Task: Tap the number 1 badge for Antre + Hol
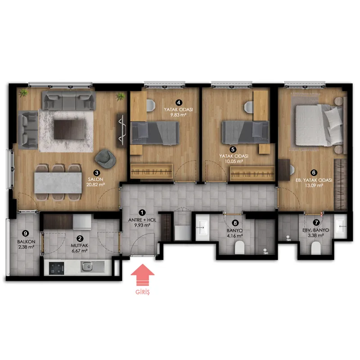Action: pos(142,212)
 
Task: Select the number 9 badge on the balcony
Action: pos(25,234)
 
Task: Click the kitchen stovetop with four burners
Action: pos(57,268)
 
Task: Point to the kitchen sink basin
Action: pos(87,266)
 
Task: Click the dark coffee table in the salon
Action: pos(69,129)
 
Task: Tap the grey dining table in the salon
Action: pos(58,183)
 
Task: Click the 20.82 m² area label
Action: pos(95,184)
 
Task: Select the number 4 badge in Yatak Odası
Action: pos(179,103)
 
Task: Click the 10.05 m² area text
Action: pos(234,162)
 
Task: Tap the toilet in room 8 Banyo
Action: pos(239,247)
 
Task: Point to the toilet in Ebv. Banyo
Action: pos(316,248)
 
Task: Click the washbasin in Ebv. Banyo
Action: pos(341,226)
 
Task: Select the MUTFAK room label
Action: pos(80,245)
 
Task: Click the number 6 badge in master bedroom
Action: pos(314,172)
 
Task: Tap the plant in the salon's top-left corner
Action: pos(23,93)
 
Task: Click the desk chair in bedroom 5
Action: pos(249,107)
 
